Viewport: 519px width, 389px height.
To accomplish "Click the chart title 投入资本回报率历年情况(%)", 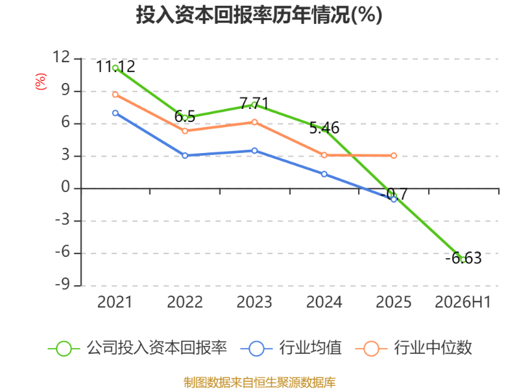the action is point(259,15).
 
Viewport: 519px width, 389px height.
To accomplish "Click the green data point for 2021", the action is point(115,68).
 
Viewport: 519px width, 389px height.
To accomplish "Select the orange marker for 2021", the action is point(115,95).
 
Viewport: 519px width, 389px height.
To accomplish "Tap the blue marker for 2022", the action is point(185,156).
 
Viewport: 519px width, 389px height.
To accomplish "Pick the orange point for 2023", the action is point(254,123).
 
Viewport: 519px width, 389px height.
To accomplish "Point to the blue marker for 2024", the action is point(324,174).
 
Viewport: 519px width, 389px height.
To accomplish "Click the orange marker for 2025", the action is point(394,156).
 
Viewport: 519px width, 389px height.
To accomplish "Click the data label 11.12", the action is point(115,67).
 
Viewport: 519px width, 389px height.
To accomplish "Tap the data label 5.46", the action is point(324,128).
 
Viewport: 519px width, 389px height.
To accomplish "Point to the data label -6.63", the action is point(463,258).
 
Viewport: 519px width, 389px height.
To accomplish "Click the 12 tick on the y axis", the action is point(62,57).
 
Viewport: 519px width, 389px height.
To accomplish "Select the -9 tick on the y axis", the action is point(63,285).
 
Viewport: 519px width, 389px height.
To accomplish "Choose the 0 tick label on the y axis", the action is point(66,187).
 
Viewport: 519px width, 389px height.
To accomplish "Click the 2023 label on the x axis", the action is point(254,302).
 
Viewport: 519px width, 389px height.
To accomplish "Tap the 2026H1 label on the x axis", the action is point(463,302).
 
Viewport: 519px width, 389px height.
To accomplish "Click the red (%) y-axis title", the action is point(41,82).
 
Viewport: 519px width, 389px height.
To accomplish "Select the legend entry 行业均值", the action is point(291,348).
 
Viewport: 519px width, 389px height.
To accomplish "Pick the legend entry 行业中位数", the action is point(413,348).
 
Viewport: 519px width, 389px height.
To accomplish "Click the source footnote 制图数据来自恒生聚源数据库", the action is point(259,383).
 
